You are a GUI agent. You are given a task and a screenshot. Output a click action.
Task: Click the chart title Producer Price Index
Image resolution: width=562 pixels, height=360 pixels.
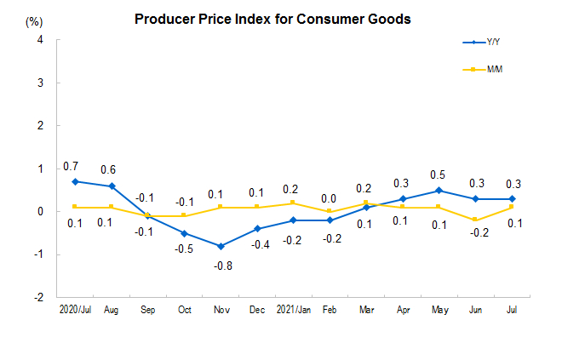click(272, 19)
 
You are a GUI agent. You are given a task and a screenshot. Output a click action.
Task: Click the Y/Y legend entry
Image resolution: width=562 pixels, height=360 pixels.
click(493, 42)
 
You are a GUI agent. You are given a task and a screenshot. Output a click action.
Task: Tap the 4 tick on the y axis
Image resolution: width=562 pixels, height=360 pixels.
click(40, 40)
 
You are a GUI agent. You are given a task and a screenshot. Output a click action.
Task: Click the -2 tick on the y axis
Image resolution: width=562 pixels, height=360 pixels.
click(38, 297)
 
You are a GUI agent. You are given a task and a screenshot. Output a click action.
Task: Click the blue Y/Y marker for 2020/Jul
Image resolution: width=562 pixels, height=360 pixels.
click(75, 181)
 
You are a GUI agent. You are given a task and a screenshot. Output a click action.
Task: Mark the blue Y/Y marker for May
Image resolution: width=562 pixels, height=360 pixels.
click(438, 190)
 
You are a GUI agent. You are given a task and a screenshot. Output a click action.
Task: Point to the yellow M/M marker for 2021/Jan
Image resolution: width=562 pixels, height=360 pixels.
click(292, 203)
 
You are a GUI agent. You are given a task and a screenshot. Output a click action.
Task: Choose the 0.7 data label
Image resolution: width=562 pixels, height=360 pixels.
click(72, 165)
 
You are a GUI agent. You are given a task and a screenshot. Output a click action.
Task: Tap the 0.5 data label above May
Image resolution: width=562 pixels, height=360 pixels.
click(438, 174)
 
